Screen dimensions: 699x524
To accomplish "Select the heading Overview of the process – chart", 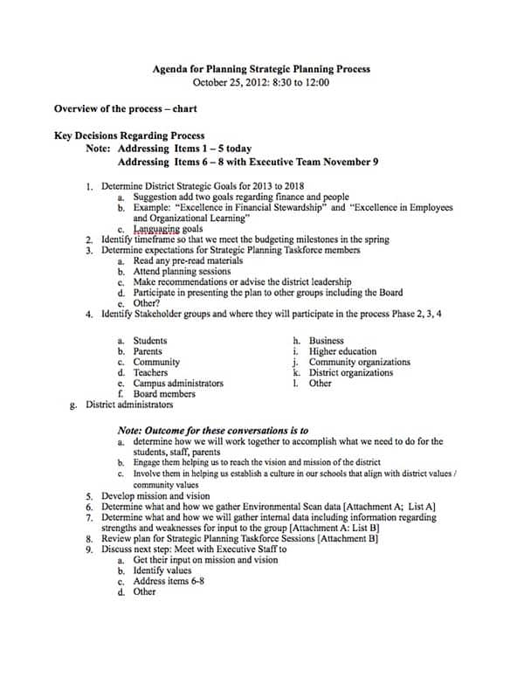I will (x=125, y=109).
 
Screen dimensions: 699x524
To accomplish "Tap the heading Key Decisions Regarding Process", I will (x=129, y=136).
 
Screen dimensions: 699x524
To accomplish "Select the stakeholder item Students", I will (x=150, y=341).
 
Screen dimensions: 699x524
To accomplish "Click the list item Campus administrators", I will (x=178, y=383).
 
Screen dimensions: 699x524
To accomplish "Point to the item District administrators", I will (x=129, y=405).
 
